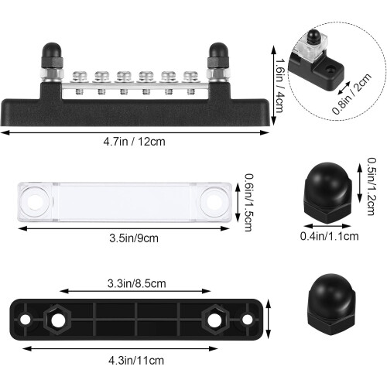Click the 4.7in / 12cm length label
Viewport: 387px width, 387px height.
[x=134, y=142]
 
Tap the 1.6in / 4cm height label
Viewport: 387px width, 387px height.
[x=279, y=86]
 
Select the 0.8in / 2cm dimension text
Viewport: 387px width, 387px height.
[x=351, y=94]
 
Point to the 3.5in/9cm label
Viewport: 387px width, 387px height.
[x=134, y=238]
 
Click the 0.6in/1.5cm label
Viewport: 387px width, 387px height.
[x=249, y=203]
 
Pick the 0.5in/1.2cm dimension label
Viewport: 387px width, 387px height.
[x=372, y=187]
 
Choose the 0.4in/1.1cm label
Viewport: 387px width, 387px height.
[x=329, y=236]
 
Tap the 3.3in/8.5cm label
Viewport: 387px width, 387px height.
[x=136, y=283]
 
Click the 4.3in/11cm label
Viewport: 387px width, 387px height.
[x=136, y=360]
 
